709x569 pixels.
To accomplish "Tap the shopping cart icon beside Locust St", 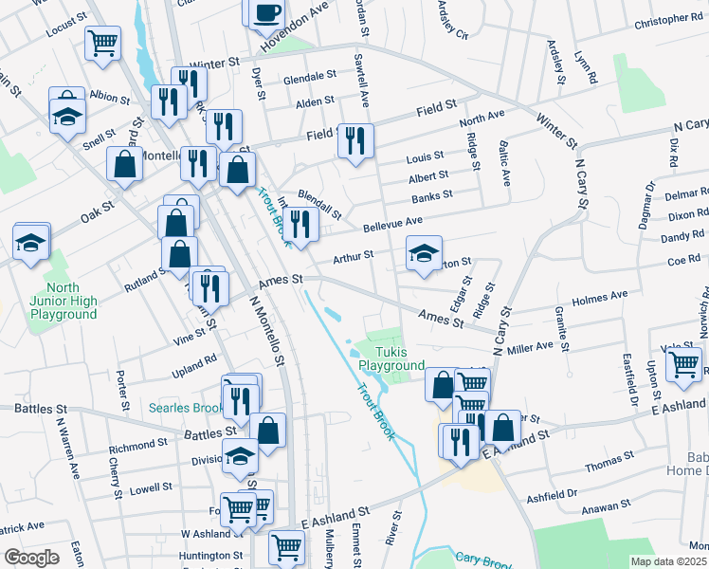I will pyautogui.click(x=102, y=42).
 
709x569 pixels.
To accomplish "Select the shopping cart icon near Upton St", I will pyautogui.click(x=684, y=363).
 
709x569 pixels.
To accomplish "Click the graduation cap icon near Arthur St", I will pyautogui.click(x=424, y=252).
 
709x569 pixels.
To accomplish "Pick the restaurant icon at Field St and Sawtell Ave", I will pyautogui.click(x=355, y=141).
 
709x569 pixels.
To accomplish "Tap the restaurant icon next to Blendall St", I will pyautogui.click(x=300, y=225).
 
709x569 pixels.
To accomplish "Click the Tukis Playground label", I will pyautogui.click(x=391, y=358).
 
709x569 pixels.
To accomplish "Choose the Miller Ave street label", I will pyautogui.click(x=530, y=348).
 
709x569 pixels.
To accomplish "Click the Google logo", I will pyautogui.click(x=31, y=557).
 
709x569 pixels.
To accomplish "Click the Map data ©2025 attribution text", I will pyautogui.click(x=668, y=561).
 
